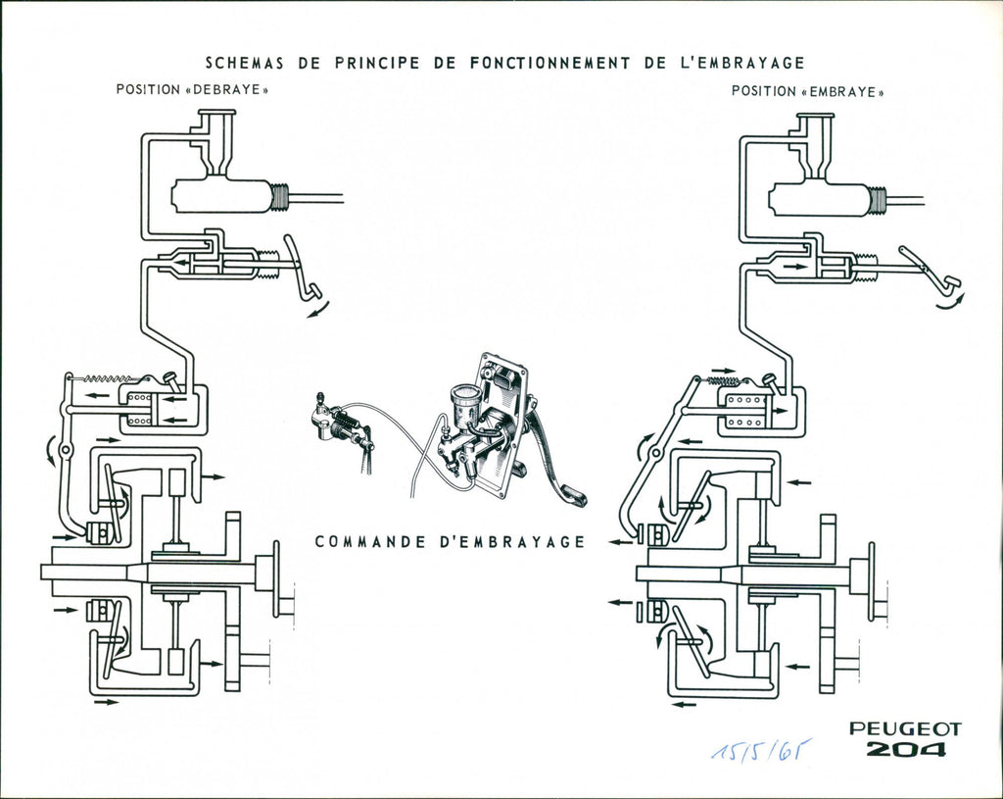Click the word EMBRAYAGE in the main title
point(739,63)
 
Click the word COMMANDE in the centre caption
point(370,541)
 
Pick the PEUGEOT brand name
point(905,728)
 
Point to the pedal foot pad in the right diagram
point(951,281)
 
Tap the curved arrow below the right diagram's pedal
point(951,304)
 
